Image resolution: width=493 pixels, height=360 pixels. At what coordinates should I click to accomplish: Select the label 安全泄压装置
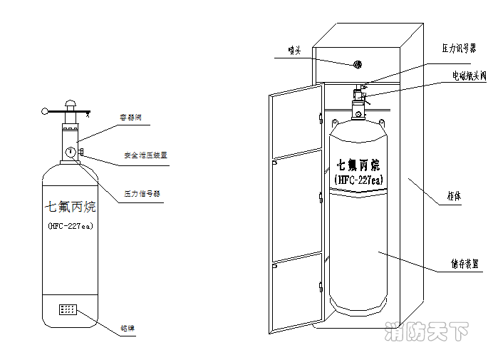[x=145, y=155]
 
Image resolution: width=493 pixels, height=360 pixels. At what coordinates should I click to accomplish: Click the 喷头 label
[x=295, y=50]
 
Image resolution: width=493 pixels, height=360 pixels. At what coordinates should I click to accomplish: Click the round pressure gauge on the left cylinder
[x=71, y=152]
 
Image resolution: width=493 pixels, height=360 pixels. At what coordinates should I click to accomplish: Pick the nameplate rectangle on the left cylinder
[x=68, y=311]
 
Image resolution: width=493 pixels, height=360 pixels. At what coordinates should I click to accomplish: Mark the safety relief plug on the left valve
[x=83, y=151]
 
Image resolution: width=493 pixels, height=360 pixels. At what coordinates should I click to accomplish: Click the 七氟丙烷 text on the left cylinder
[x=71, y=208]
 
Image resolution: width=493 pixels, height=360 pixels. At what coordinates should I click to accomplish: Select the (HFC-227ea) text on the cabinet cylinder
[x=358, y=180]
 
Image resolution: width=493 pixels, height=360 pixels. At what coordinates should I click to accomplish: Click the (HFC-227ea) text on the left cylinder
[x=71, y=226]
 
